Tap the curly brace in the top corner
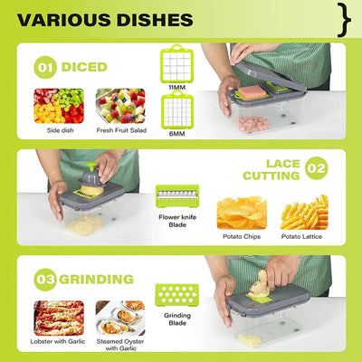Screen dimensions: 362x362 point(344,20)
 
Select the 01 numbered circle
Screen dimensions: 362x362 point(45,67)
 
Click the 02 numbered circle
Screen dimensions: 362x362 point(317,168)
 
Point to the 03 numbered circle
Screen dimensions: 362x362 point(45,280)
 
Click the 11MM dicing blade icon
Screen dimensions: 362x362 point(176,63)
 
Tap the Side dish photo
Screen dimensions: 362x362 point(59,106)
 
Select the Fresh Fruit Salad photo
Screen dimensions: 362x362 point(120,106)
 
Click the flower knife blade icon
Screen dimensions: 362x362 point(177,196)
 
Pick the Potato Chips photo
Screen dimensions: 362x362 point(242,213)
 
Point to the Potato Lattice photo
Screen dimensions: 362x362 point(304,213)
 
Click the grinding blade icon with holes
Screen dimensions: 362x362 point(177,295)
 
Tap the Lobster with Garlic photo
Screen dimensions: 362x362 point(59,318)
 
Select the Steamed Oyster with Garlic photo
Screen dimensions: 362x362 point(120,318)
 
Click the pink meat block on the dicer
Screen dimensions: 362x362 point(252,91)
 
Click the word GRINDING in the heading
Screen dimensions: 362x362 point(96,280)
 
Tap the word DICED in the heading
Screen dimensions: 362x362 point(84,67)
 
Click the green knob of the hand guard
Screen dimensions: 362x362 point(91,166)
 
